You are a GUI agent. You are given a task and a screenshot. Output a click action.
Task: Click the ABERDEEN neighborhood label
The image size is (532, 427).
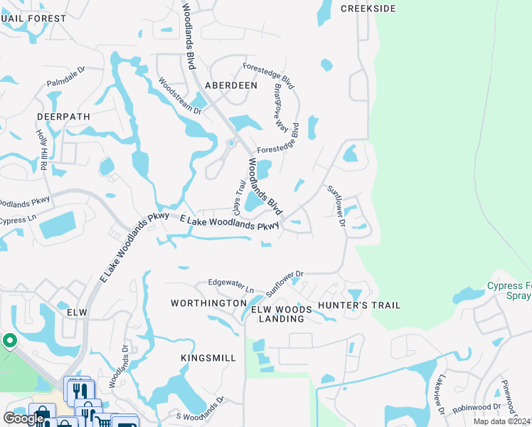[x=230, y=85]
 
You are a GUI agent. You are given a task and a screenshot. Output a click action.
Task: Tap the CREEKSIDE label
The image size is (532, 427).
[x=367, y=9]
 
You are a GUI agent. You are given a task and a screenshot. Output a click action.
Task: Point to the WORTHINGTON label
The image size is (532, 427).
[x=208, y=303]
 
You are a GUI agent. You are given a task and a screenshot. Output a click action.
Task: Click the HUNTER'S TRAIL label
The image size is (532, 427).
[x=359, y=305]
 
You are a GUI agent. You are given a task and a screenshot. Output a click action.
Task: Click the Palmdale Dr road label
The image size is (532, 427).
[x=66, y=77]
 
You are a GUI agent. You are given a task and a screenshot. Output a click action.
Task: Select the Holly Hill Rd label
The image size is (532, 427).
[x=41, y=149]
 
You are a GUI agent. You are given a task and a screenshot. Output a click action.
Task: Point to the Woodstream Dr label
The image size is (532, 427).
[x=180, y=95]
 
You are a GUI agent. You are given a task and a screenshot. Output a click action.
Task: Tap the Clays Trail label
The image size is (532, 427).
[x=240, y=196]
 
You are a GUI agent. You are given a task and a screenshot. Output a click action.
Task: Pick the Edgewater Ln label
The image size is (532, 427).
[x=230, y=286]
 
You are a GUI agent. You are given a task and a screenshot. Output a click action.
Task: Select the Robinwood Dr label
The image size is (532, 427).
[x=477, y=410]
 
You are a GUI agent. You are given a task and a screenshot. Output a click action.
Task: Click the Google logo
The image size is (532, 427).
[x=23, y=418]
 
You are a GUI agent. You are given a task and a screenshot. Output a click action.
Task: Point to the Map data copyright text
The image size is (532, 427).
[x=501, y=421]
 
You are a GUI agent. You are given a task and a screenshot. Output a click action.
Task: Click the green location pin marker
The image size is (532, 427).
[x=9, y=342]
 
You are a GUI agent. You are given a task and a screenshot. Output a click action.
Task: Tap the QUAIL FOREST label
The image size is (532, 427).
[x=33, y=19]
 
